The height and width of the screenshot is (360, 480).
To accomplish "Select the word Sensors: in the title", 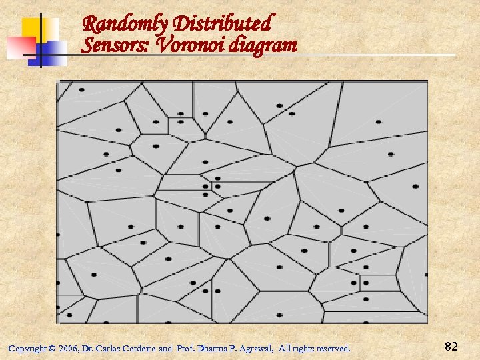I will coord(110,45).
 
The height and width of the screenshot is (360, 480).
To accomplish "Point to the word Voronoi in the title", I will coord(177,45).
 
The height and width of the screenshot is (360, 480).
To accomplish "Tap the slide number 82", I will coord(451,346).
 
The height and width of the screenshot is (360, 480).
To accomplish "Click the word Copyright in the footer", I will coord(27,349).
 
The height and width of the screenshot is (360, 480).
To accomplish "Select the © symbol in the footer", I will coord(52,349).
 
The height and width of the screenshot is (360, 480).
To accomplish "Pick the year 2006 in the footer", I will coord(67,349).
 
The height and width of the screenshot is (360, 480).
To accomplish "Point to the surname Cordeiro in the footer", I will coord(139,349).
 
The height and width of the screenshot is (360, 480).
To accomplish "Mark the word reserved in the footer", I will coord(331,349).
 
